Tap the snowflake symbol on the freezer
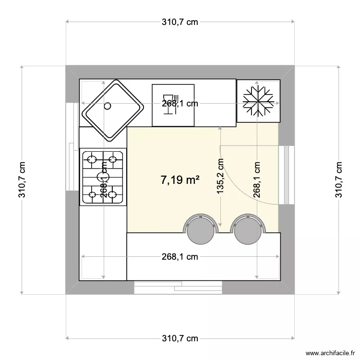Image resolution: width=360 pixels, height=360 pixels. (x=258, y=101)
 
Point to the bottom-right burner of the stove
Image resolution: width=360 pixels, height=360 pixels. (x=113, y=194)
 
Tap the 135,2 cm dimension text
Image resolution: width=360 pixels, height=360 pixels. (x=220, y=176)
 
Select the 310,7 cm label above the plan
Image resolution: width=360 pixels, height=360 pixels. (x=180, y=22)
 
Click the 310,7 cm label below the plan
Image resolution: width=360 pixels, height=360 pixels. (x=180, y=338)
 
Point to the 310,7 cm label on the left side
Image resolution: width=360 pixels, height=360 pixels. (x=22, y=180)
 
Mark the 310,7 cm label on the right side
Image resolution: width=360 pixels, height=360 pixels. (x=339, y=180)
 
